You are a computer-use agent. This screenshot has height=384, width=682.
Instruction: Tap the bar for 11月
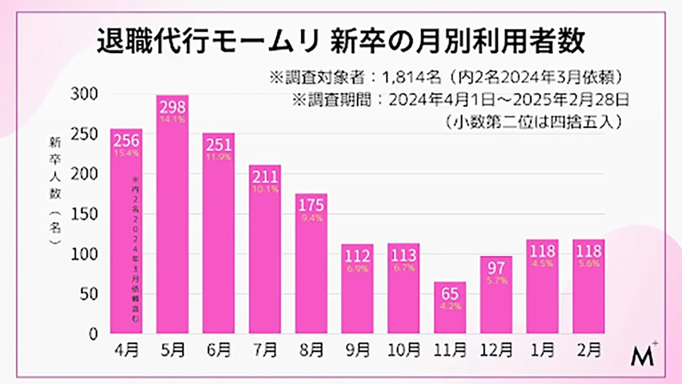click(x=450, y=310)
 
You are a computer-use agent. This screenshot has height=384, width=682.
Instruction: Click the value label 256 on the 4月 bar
click(x=126, y=140)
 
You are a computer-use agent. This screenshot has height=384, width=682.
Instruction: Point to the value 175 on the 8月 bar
click(x=311, y=204)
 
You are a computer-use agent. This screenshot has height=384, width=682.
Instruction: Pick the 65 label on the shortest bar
click(x=450, y=294)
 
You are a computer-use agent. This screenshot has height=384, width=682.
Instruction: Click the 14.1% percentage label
click(x=172, y=119)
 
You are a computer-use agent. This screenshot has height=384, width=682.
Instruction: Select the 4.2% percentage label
click(x=450, y=306)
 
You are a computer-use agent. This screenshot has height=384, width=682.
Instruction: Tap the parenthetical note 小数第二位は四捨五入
click(x=531, y=122)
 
